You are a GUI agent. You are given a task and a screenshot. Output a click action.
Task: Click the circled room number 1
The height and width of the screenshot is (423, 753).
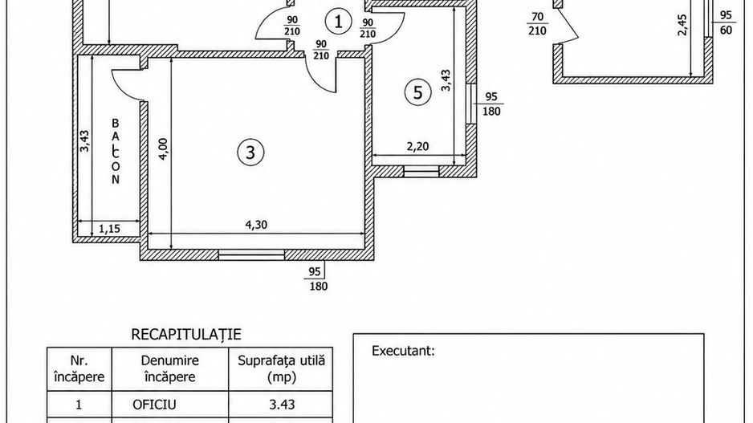pos(339,22)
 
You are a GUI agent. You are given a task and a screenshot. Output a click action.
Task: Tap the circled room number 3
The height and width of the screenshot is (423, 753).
pos(250,153)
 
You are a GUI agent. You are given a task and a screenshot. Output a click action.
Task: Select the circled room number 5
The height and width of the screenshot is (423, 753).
pos(417,92)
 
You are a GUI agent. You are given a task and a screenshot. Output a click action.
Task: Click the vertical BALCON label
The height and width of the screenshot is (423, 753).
pos(116,152)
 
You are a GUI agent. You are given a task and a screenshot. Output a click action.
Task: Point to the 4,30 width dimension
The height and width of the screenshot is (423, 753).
pos(256,224)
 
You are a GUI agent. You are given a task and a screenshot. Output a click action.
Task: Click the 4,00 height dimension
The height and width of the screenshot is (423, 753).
pos(163,148)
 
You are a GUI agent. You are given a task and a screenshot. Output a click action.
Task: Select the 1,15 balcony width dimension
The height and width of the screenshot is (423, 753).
pos(109,229)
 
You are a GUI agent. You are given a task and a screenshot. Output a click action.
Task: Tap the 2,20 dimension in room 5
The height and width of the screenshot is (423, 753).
pos(417,146)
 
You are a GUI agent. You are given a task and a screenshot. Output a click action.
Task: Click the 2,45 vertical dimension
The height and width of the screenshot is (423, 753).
pos(682,25)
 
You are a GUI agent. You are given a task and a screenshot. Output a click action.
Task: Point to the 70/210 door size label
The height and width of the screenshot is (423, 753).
pos(537,23)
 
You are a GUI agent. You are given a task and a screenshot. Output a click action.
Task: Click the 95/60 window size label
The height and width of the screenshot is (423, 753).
pos(727,22)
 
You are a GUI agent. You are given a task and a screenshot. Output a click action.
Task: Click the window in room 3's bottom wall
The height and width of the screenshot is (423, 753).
pos(251,254)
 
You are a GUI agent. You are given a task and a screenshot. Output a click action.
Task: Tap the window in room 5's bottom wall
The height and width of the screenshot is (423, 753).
pos(421,172)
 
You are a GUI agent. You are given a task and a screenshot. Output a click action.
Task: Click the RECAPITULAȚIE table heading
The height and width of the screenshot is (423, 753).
pos(186,334)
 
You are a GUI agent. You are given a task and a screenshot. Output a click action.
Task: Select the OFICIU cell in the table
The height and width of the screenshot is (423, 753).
pos(154,405)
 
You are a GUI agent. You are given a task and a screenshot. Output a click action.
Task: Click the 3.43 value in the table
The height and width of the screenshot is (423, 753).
pos(282,405)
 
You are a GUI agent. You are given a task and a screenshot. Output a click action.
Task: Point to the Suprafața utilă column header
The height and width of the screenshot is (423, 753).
pos(282,368)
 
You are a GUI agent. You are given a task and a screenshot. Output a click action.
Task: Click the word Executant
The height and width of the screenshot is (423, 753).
pos(403,351)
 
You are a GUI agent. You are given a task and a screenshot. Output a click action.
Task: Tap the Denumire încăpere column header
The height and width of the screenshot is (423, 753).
pos(170,368)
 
